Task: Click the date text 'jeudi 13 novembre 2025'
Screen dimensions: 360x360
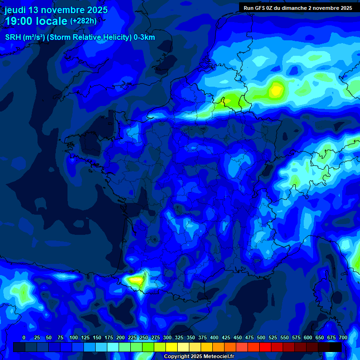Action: click(56, 10)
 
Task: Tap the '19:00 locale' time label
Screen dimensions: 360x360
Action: click(36, 21)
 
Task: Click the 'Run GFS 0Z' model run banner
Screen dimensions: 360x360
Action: click(298, 8)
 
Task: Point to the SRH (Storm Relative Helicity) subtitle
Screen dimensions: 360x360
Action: click(80, 37)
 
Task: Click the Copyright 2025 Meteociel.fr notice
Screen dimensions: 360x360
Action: click(199, 356)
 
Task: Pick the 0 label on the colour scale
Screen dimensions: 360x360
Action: click(24, 337)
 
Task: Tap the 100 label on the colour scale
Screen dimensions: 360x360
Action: click(74, 337)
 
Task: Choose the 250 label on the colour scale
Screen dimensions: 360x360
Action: click(144, 337)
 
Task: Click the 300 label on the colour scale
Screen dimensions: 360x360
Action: click(167, 337)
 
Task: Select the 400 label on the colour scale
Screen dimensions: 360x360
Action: click(214, 337)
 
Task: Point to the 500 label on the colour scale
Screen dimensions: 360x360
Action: click(261, 337)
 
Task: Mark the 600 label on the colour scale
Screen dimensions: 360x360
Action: click(308, 337)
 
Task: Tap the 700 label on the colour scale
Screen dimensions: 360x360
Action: click(343, 337)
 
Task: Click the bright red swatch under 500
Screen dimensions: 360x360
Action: click(265, 347)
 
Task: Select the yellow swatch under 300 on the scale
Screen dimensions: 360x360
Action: click(172, 347)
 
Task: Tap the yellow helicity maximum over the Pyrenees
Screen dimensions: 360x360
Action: click(135, 280)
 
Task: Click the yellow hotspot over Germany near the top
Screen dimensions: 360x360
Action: click(276, 89)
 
